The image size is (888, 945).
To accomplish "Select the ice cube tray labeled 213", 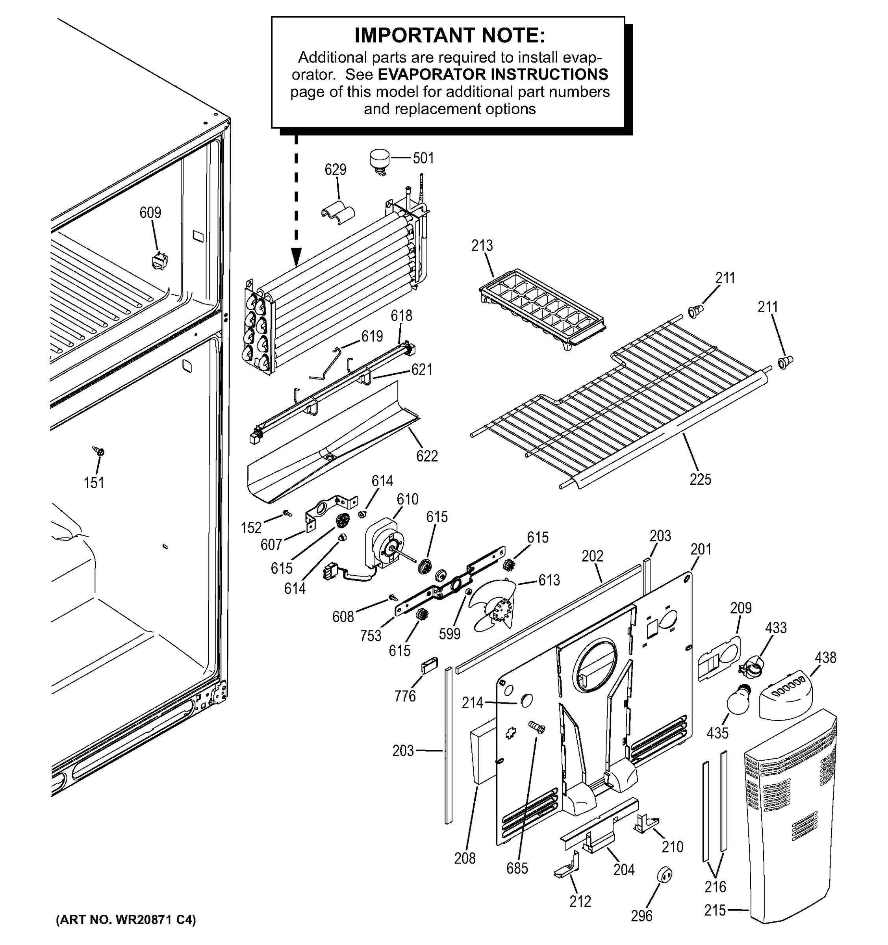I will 541,309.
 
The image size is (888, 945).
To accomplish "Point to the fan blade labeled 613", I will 494,606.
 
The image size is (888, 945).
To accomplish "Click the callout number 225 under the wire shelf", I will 700,479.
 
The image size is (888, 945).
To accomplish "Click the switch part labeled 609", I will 159,261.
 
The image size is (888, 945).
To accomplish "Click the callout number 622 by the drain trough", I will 426,456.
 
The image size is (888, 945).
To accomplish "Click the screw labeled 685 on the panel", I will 537,727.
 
